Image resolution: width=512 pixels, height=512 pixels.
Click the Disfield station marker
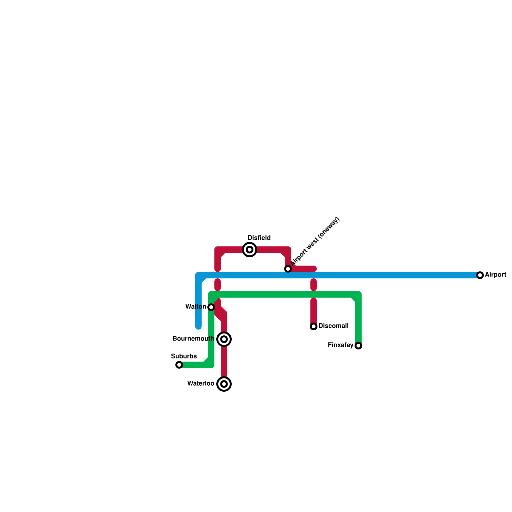pos(250,250)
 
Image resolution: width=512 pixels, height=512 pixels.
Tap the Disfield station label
pos(259,238)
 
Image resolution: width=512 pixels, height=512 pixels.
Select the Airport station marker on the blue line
pos(480,275)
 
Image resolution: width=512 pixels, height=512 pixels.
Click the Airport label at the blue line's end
pos(495,275)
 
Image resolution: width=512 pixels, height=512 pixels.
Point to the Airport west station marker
pos(288,269)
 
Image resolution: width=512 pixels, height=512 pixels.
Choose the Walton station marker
pos(211,307)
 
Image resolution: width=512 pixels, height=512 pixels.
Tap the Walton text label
pos(196,307)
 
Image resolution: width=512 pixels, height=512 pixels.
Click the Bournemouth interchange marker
pos(224,339)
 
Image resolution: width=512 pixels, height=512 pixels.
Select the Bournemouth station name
pos(193,339)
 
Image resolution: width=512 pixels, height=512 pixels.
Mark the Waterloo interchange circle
pos(224,384)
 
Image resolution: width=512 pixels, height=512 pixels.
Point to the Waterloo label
pos(201,384)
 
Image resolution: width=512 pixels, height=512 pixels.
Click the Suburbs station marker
pos(179,365)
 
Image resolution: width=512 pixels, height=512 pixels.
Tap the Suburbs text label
pos(184,356)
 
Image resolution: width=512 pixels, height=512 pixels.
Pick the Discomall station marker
pos(314,326)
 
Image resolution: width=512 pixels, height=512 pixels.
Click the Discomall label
pos(333,326)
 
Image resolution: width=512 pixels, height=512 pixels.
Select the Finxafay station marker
pos(358,346)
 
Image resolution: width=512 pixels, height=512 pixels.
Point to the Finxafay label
pos(340,345)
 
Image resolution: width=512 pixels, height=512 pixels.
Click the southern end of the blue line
pos(198,327)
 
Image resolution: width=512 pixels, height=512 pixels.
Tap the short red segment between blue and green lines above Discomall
pos(314,285)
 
